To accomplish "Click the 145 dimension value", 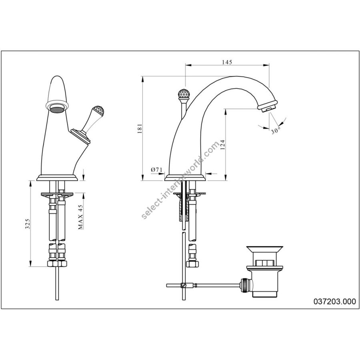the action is point(227,62).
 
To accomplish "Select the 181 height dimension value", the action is point(140,128).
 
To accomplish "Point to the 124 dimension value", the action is point(222,145).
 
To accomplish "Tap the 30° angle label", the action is point(276,131).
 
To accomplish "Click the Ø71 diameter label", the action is point(156,170).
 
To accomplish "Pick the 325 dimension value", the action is point(27,224).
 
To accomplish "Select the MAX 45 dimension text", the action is point(80,217).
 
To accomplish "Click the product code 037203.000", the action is point(334,301).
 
